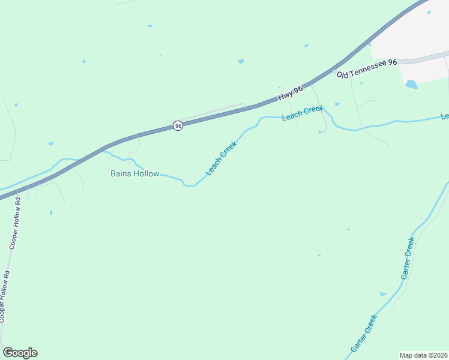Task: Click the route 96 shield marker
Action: pyautogui.click(x=178, y=125)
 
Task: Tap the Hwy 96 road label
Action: pyautogui.click(x=291, y=93)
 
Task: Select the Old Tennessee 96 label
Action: pyautogui.click(x=367, y=68)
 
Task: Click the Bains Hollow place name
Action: pyautogui.click(x=135, y=174)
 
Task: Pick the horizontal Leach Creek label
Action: pyautogui.click(x=303, y=113)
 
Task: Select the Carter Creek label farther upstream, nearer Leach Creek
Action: pyautogui.click(x=408, y=259)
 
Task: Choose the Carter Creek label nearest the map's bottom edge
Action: pyautogui.click(x=364, y=333)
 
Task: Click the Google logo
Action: pyautogui.click(x=20, y=353)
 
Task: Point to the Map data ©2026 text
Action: pyautogui.click(x=423, y=355)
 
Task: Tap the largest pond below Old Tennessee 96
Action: pyautogui.click(x=411, y=85)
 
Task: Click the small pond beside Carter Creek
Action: pyautogui.click(x=383, y=294)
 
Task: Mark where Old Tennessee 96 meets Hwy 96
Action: pyautogui.click(x=334, y=70)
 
